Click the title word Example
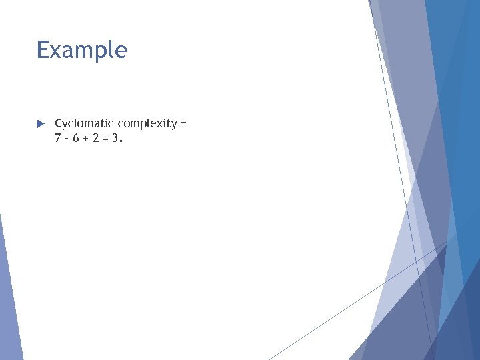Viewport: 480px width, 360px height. [x=81, y=50]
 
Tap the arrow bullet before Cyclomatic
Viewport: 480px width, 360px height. [x=40, y=124]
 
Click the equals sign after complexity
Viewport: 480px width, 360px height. [x=183, y=124]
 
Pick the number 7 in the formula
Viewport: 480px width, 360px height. [x=58, y=139]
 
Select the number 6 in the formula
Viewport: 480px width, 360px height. [x=78, y=139]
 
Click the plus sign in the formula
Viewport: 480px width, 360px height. [x=88, y=139]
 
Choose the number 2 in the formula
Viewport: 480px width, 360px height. [x=98, y=139]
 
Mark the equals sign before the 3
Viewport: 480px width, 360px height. [x=108, y=139]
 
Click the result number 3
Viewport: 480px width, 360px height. [x=117, y=139]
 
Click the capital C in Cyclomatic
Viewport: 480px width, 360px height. [x=59, y=123]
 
